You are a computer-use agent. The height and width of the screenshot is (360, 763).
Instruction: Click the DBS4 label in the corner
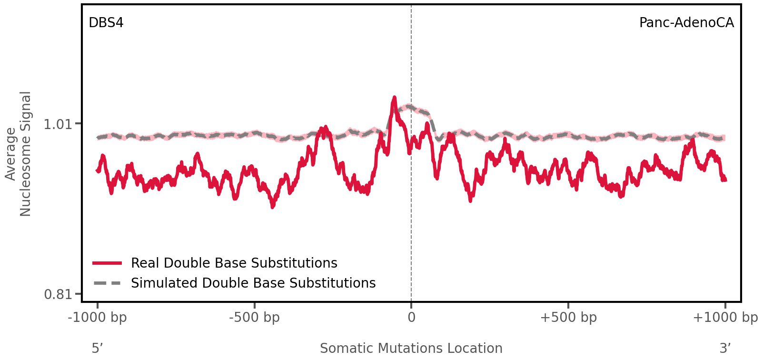pyautogui.click(x=106, y=23)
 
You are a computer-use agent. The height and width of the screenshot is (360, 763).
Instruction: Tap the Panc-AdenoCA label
pyautogui.click(x=686, y=23)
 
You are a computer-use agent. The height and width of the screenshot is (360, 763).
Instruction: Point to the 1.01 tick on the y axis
pyautogui.click(x=57, y=125)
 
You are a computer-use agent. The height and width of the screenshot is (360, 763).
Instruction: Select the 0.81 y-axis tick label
pyautogui.click(x=57, y=294)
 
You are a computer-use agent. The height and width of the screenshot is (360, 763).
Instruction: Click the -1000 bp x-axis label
pyautogui.click(x=98, y=318)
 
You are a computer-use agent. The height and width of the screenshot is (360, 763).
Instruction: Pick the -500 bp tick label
pyautogui.click(x=254, y=318)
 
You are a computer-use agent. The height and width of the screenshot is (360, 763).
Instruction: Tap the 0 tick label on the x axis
pyautogui.click(x=411, y=318)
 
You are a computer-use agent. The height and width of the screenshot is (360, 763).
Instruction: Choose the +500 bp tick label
pyautogui.click(x=568, y=318)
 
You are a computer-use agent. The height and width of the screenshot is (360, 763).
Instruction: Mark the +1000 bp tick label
pyautogui.click(x=725, y=318)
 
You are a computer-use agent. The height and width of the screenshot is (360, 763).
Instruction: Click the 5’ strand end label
pyautogui.click(x=97, y=349)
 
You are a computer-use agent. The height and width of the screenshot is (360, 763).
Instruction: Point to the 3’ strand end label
pyautogui.click(x=725, y=349)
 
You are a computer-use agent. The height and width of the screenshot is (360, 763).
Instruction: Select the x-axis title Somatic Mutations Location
pyautogui.click(x=411, y=349)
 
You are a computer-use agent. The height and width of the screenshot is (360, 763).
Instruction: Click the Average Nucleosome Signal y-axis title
pyautogui.click(x=19, y=153)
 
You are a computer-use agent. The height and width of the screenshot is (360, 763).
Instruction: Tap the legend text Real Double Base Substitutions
pyautogui.click(x=234, y=263)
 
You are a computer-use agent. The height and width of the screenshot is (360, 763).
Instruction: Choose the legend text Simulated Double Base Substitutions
pyautogui.click(x=253, y=283)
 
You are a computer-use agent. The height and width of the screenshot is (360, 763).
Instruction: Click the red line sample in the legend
pyautogui.click(x=108, y=263)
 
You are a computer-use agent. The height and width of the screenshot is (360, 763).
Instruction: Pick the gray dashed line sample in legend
pyautogui.click(x=108, y=283)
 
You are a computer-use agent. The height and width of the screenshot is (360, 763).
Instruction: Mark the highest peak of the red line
pyautogui.click(x=394, y=98)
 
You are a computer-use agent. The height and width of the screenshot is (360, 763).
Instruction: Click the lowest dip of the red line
pyautogui.click(x=273, y=207)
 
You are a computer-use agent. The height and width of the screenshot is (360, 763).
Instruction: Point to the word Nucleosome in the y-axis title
pyautogui.click(x=25, y=153)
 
